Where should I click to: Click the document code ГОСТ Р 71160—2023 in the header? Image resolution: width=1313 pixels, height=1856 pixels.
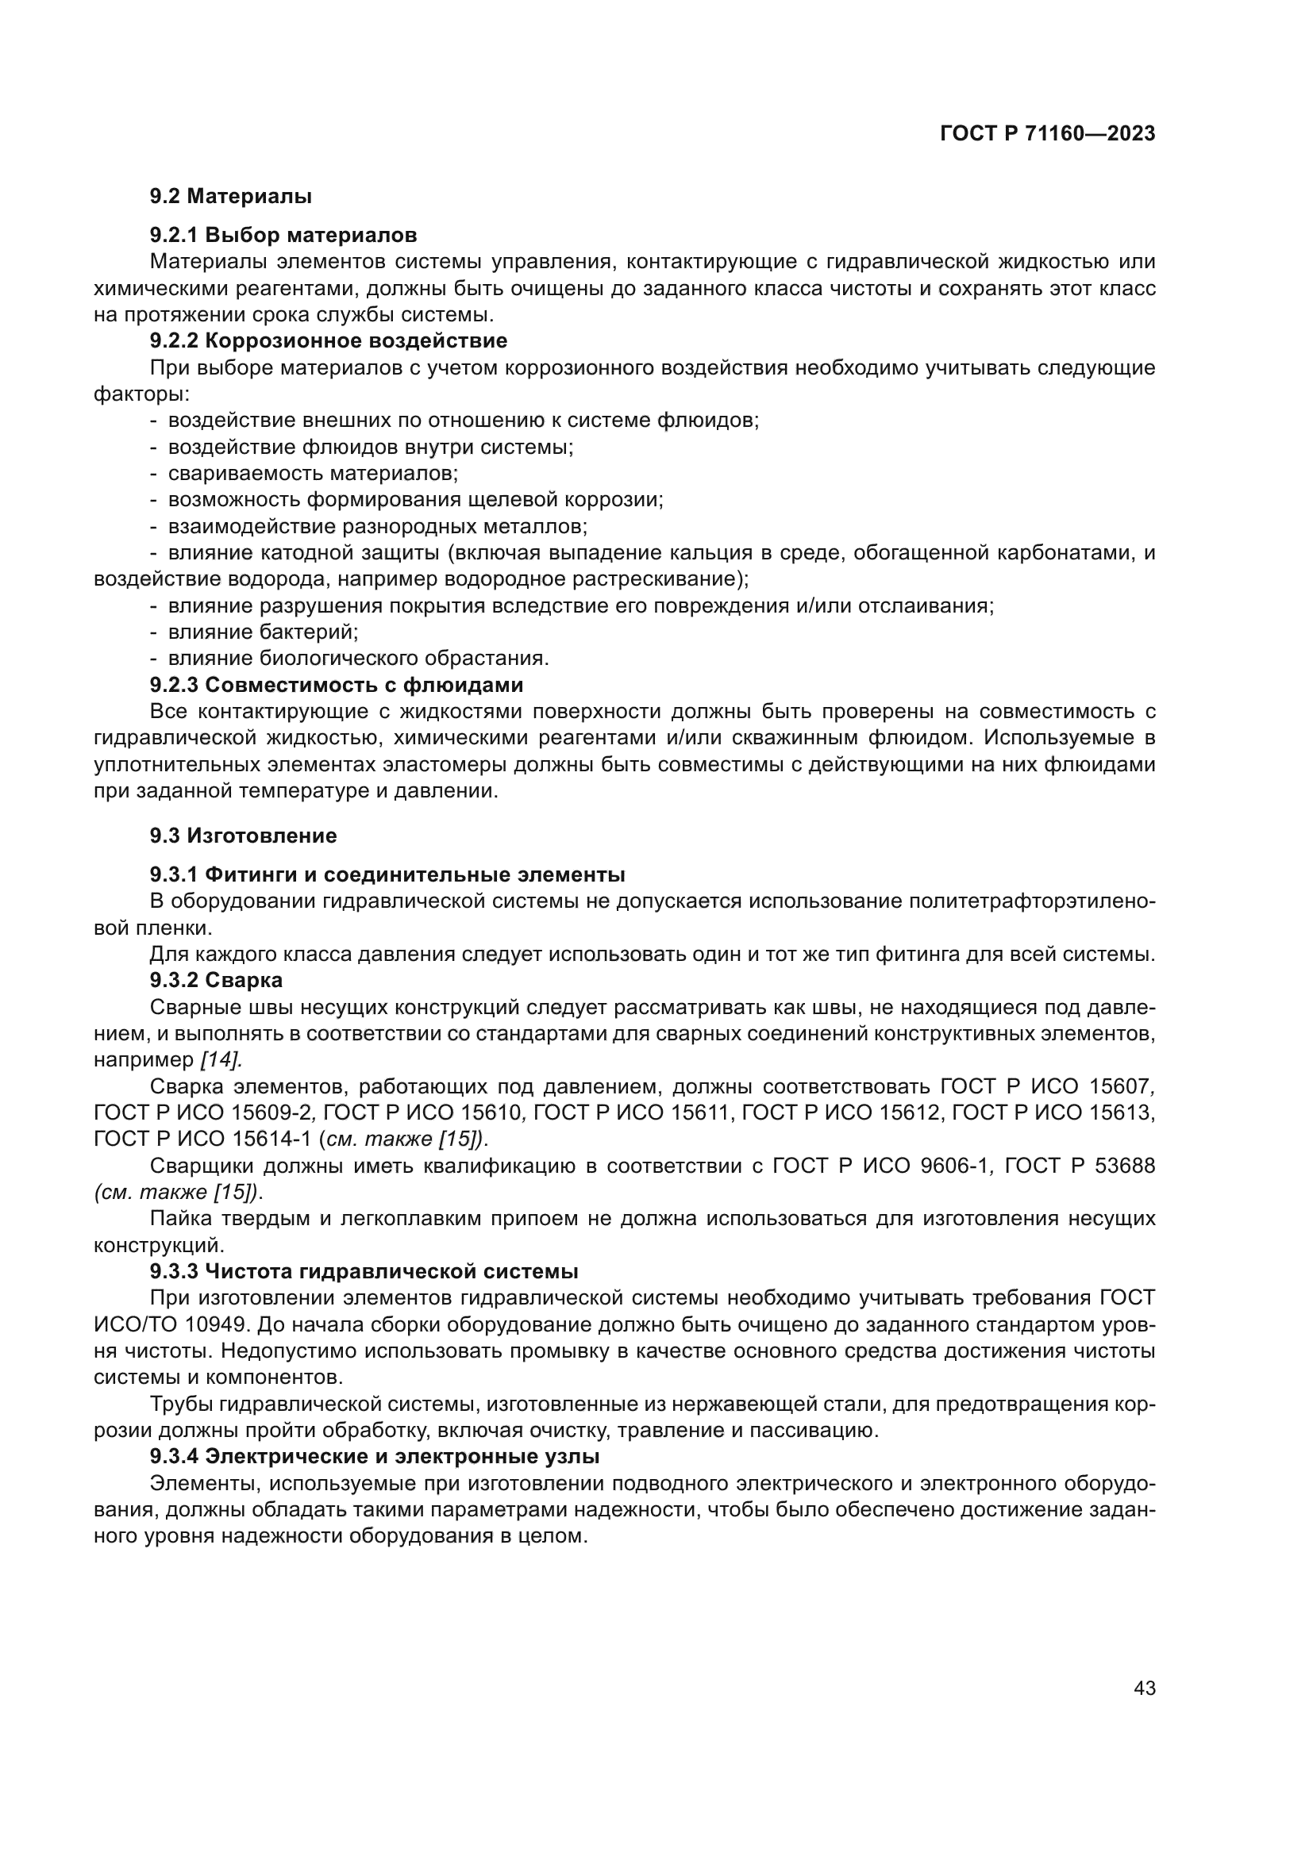pos(1047,134)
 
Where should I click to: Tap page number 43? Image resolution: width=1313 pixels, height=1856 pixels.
pos(1144,1688)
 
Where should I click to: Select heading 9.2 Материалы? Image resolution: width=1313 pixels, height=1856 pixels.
pos(231,197)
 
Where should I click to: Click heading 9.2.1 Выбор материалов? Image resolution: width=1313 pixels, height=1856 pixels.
pos(283,235)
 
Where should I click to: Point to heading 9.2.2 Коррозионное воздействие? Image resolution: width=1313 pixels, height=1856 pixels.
pos(329,340)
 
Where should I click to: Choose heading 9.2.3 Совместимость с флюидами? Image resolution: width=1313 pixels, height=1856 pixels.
pos(337,685)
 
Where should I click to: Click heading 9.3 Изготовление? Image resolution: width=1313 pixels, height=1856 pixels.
pos(244,835)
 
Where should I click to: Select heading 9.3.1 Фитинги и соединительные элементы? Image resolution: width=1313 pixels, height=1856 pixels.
pos(387,874)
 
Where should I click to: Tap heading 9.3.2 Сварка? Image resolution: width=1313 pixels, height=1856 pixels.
pos(216,980)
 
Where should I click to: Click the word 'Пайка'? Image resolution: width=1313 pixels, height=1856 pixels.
pos(177,1218)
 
